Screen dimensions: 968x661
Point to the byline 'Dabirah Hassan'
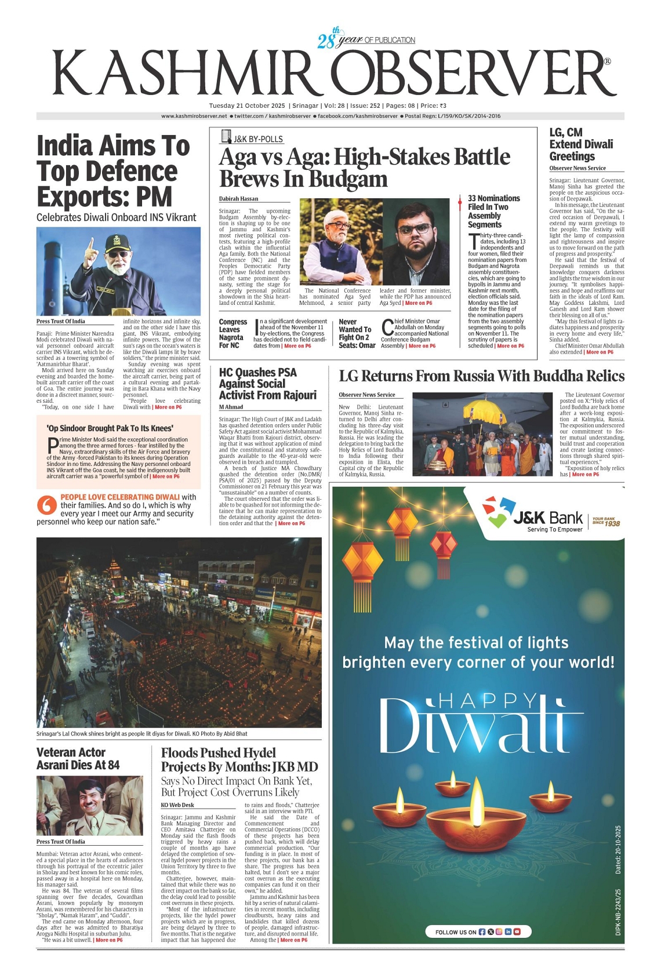pyautogui.click(x=238, y=199)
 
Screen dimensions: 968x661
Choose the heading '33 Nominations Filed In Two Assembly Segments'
pyautogui.click(x=493, y=212)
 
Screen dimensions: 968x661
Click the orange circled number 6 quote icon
pyautogui.click(x=46, y=505)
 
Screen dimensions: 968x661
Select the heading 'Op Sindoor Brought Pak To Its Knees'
pyautogui.click(x=110, y=428)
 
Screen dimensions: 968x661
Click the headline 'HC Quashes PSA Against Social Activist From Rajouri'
pyautogui.click(x=267, y=384)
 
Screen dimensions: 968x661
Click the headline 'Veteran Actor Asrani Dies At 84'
pyautogui.click(x=78, y=759)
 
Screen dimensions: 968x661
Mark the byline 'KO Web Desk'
pyautogui.click(x=177, y=805)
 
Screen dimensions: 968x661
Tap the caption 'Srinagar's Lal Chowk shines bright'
pyautogui.click(x=141, y=734)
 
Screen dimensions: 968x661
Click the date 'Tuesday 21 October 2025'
pyautogui.click(x=247, y=106)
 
